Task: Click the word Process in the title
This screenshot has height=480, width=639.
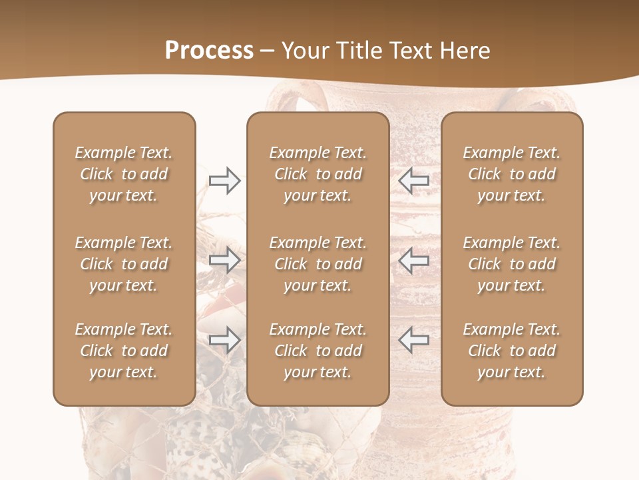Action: [x=209, y=51]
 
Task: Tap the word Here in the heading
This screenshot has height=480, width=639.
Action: [x=465, y=51]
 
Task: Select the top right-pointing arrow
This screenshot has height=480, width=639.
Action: [x=225, y=180]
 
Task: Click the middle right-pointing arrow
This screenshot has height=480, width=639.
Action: [x=225, y=260]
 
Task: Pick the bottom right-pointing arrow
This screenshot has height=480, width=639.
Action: [x=225, y=340]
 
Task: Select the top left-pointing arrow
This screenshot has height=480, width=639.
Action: [x=414, y=180]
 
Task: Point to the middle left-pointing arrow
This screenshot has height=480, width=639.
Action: [x=414, y=260]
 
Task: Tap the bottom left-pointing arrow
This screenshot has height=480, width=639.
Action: [x=414, y=340]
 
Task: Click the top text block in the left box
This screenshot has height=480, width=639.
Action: [x=124, y=174]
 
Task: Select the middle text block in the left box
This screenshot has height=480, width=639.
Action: [x=124, y=264]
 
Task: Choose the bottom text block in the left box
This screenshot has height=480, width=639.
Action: [x=124, y=351]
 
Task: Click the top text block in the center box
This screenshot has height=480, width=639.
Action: [x=318, y=174]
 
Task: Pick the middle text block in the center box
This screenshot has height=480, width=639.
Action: [x=318, y=264]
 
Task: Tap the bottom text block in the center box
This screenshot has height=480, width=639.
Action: [x=318, y=351]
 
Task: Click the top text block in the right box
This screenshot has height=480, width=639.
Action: [x=512, y=174]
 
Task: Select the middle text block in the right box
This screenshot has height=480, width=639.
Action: [x=512, y=264]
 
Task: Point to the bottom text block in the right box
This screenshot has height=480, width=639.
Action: [x=512, y=351]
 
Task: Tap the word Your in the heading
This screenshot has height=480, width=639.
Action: [x=305, y=51]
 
